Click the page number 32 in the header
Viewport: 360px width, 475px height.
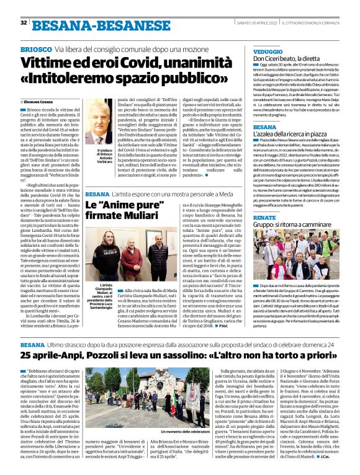coord(24,22)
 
